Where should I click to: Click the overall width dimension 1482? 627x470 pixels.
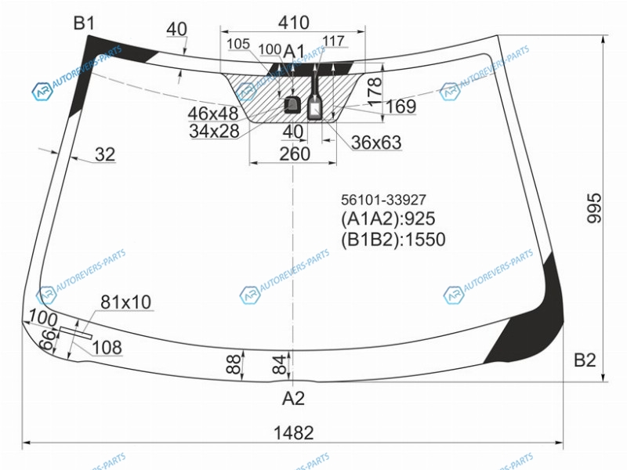pos(293,433)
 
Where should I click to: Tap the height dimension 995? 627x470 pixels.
pos(594,208)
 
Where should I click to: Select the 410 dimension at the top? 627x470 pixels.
pos(293,23)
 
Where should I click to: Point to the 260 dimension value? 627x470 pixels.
pos(295,154)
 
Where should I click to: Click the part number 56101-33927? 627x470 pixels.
pos(383,200)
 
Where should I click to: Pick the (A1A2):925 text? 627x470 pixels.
pos(388,219)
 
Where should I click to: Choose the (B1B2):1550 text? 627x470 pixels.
pos(393,240)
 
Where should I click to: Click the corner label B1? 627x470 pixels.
pos(84,23)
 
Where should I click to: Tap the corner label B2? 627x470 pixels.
pos(585,360)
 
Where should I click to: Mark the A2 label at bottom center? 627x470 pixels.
pos(293,398)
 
